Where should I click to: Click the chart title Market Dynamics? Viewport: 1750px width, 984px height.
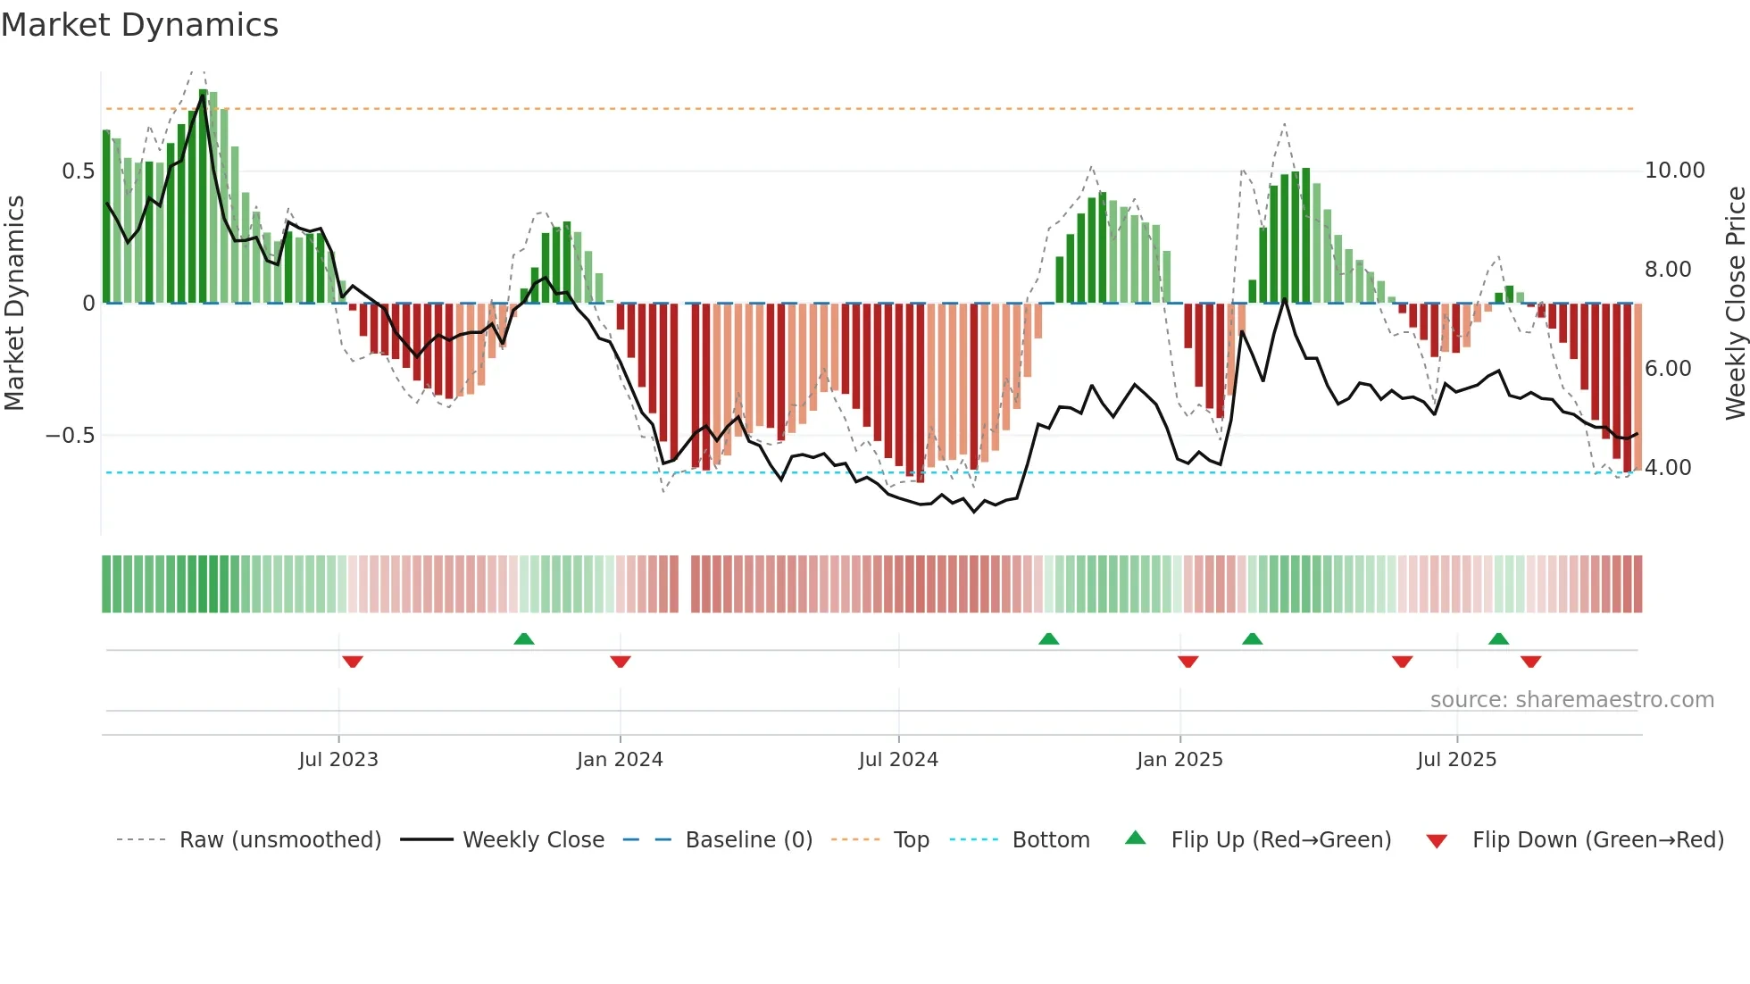(139, 25)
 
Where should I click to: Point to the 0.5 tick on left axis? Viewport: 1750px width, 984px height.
(78, 171)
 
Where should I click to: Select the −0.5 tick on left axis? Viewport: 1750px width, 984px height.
(70, 436)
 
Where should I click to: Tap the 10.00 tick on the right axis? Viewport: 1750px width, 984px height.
(1674, 171)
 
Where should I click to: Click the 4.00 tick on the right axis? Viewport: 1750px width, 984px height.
(1667, 468)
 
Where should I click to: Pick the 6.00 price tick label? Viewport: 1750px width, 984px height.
(1667, 369)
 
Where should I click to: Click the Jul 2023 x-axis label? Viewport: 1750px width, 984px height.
(338, 760)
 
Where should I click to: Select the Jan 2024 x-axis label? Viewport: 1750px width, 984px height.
(620, 760)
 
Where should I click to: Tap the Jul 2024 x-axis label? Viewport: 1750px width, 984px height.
(898, 760)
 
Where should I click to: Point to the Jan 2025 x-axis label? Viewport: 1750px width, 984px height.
(1179, 760)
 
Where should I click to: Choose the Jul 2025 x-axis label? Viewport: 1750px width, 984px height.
(1456, 760)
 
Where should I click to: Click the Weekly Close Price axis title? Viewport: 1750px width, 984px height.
(1735, 304)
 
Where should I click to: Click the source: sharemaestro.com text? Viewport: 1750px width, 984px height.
(1571, 700)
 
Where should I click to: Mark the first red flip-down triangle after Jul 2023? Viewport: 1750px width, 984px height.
(353, 662)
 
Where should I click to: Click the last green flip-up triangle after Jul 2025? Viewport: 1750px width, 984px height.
(1498, 639)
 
